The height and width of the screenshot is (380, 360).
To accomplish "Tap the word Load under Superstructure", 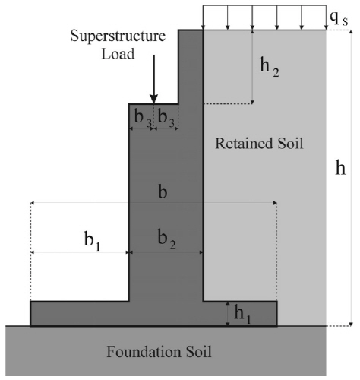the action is [118, 54].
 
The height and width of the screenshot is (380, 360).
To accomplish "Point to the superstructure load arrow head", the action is [153, 99].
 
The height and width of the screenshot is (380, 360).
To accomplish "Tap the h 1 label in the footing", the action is [242, 314].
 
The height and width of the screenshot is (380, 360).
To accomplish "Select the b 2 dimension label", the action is [166, 239].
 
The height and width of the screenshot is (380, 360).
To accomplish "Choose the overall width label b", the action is [163, 192].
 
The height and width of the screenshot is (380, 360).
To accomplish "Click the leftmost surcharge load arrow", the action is [203, 17].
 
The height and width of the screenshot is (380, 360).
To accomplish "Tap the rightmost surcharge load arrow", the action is [327, 17].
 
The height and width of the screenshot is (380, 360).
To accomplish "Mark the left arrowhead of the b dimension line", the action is [32, 203].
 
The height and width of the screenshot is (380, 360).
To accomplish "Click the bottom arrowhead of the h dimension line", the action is [351, 325].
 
